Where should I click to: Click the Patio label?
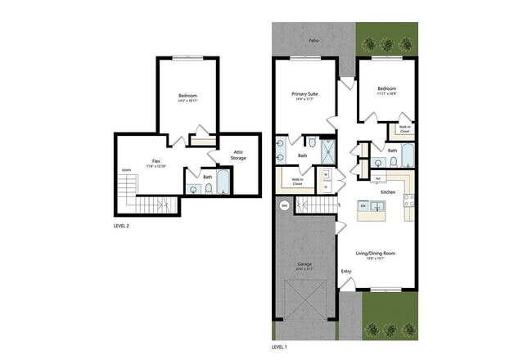[x=313, y=39]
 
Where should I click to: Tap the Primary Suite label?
[x=304, y=95]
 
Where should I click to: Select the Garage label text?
[x=304, y=265]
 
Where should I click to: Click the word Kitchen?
[x=388, y=192]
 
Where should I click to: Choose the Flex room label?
[x=155, y=162]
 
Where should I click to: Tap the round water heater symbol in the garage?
[x=285, y=206]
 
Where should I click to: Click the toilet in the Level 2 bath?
[x=209, y=189]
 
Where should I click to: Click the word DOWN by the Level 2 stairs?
[x=125, y=170]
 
